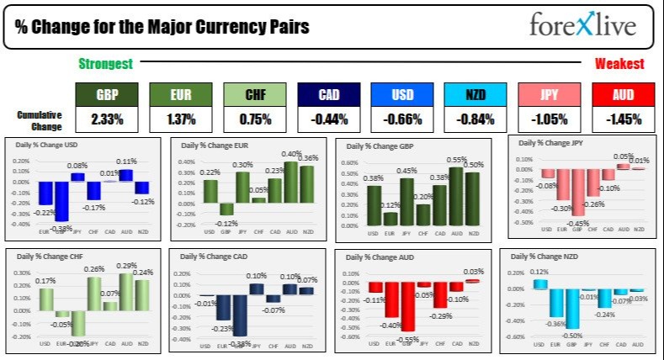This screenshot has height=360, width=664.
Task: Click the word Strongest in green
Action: point(105,63)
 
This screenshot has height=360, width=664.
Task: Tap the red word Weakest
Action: point(619,63)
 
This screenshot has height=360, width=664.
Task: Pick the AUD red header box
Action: point(622,95)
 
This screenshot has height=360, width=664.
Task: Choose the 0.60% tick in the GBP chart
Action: point(345,161)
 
